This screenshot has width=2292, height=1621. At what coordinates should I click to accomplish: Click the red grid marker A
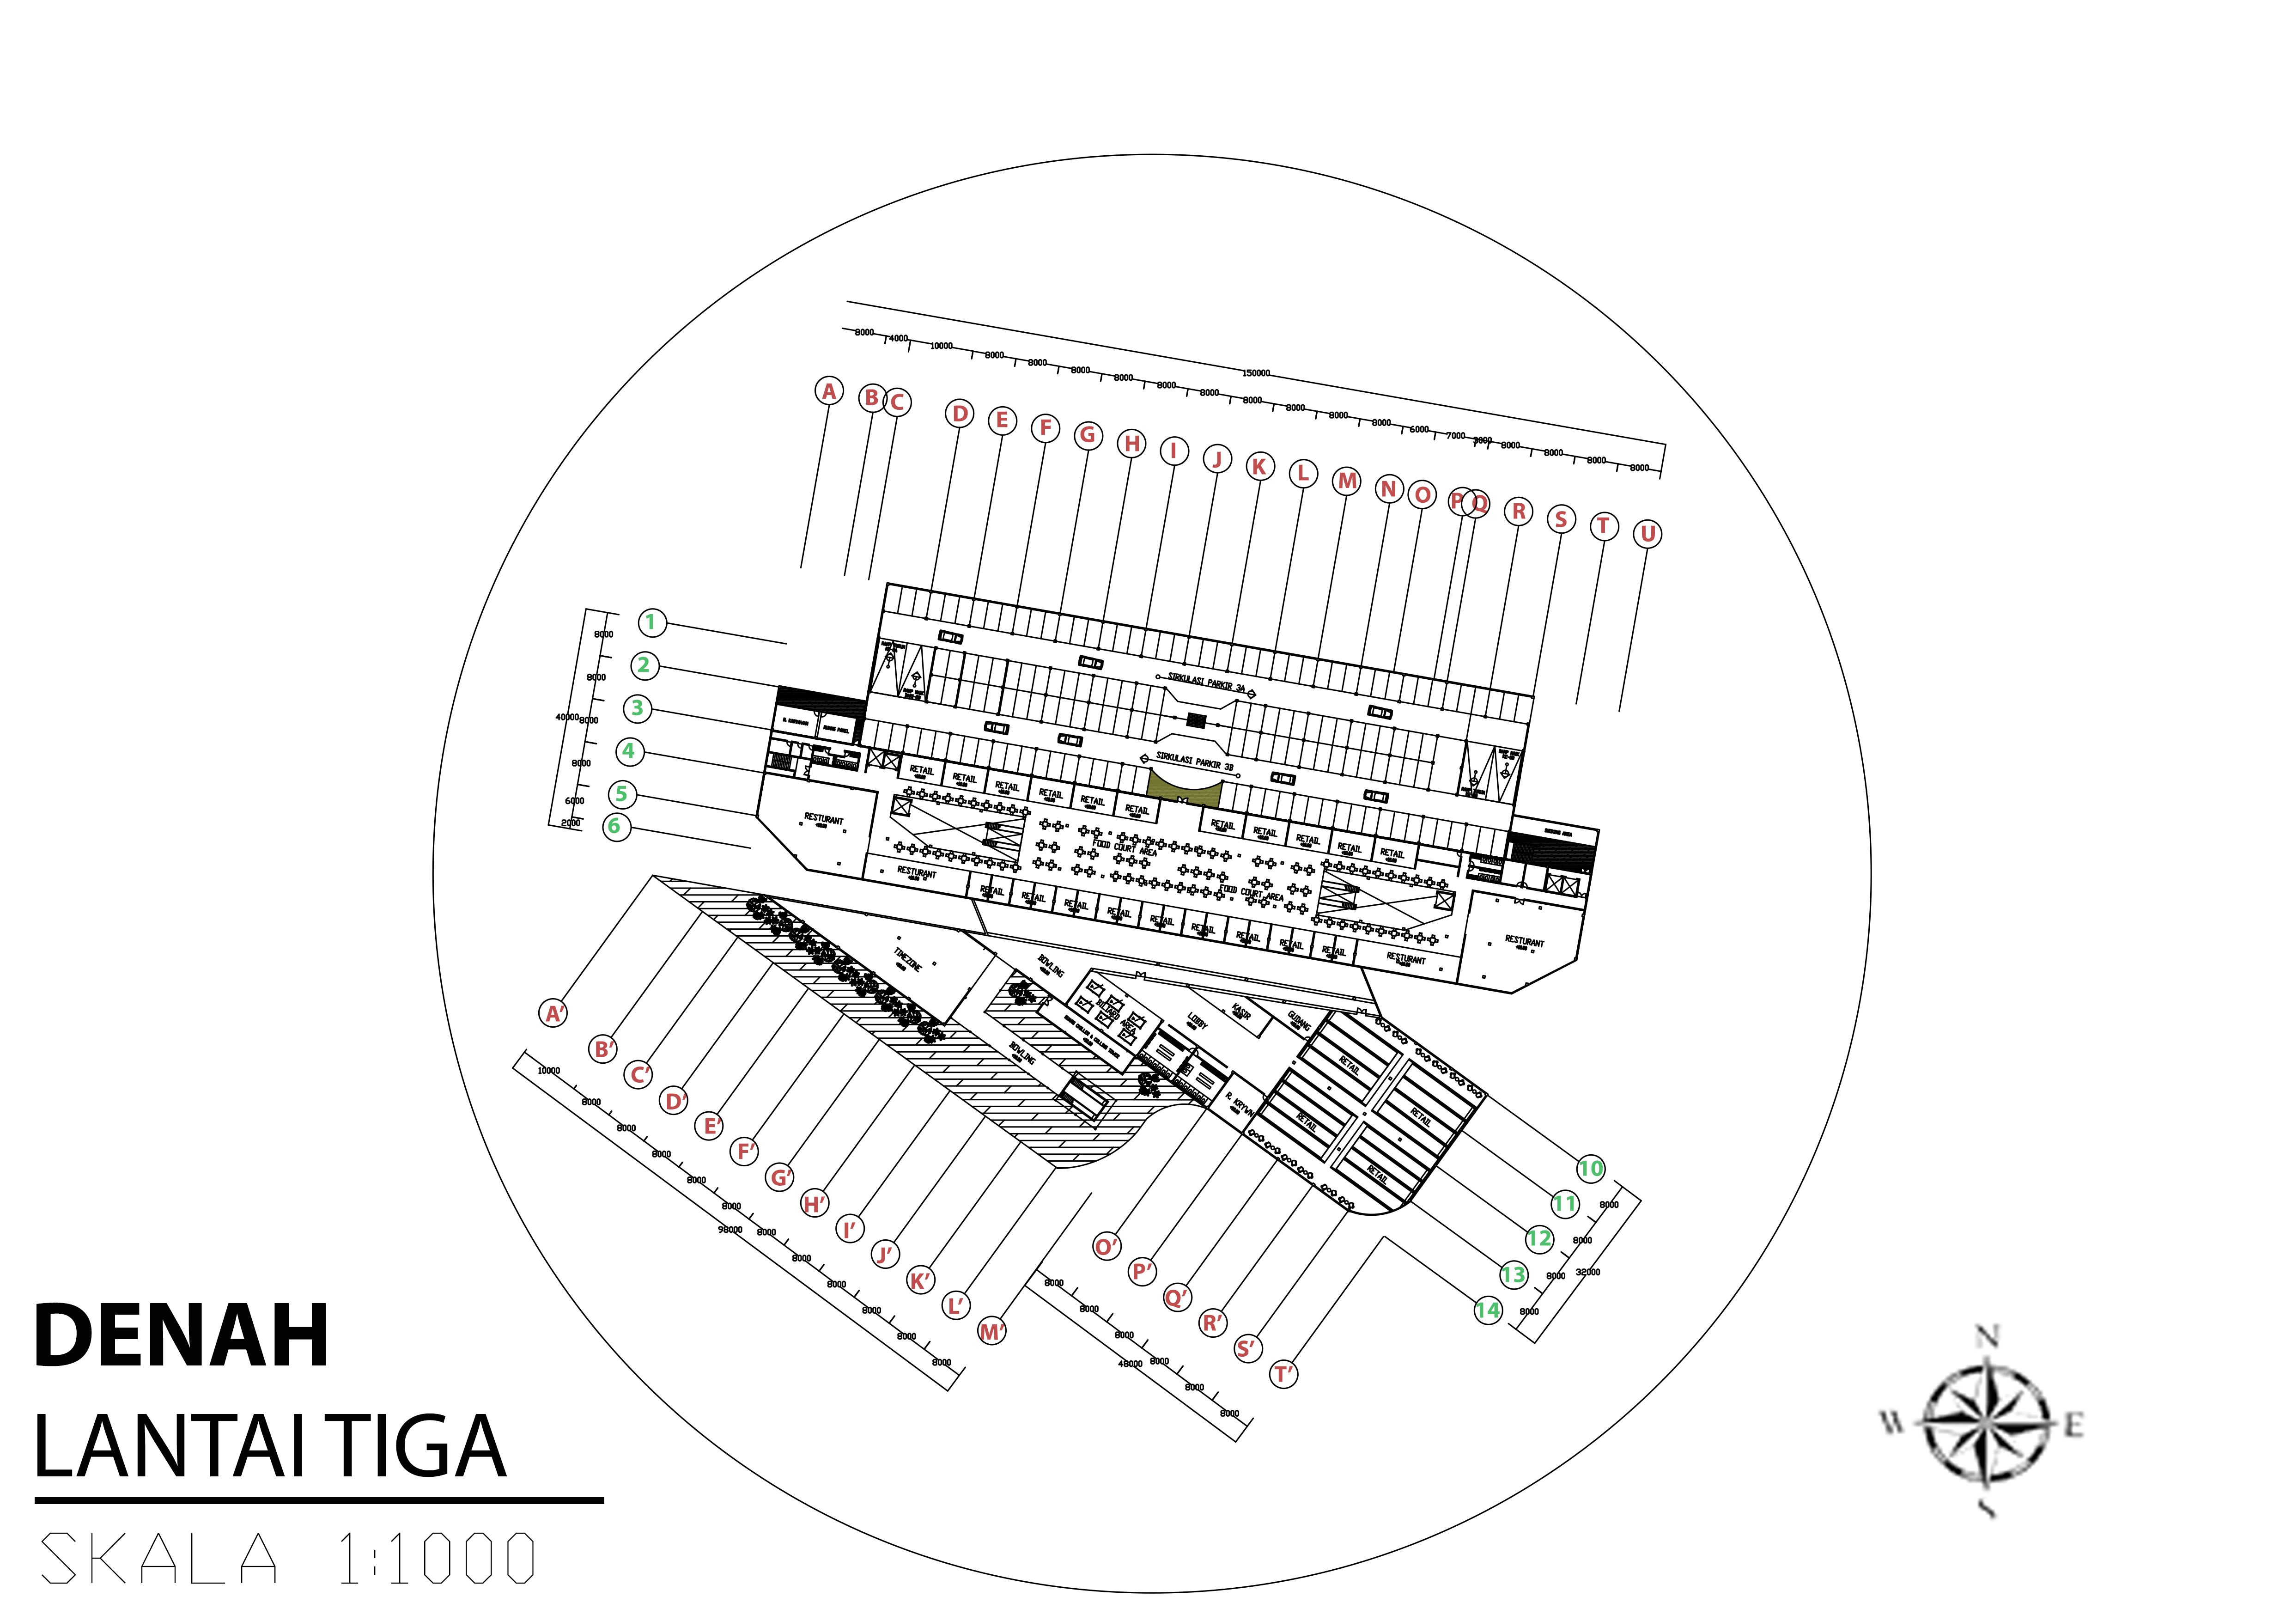pos(828,391)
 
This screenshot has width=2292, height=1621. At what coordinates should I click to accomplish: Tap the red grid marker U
pos(1647,534)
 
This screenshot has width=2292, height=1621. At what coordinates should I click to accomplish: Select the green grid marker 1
pos(651,623)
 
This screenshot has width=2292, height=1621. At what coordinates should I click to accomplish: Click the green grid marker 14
pos(1487,1310)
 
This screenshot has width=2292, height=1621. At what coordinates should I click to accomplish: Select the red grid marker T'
pos(1284,1374)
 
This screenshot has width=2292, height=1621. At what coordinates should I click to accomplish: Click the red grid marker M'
pos(991,1332)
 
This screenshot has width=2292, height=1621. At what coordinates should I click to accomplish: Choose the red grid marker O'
pos(1106,1247)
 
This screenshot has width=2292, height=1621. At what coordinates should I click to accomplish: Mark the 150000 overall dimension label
pos(1256,373)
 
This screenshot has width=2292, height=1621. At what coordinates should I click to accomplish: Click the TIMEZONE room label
pos(907,960)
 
